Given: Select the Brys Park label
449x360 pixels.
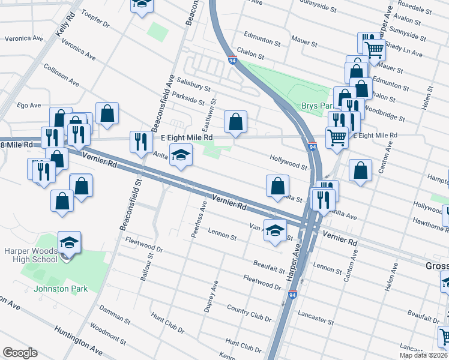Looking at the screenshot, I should pos(317,106).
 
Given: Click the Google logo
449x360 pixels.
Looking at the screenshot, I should pos(20,352).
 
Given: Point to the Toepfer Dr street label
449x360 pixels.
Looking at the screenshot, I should pos(95,19).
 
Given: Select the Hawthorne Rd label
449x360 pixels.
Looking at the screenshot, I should pos(431,224).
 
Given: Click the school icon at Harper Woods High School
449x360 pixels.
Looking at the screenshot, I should pos(69,243).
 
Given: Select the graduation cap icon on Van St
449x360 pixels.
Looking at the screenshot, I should pos(275,231).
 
